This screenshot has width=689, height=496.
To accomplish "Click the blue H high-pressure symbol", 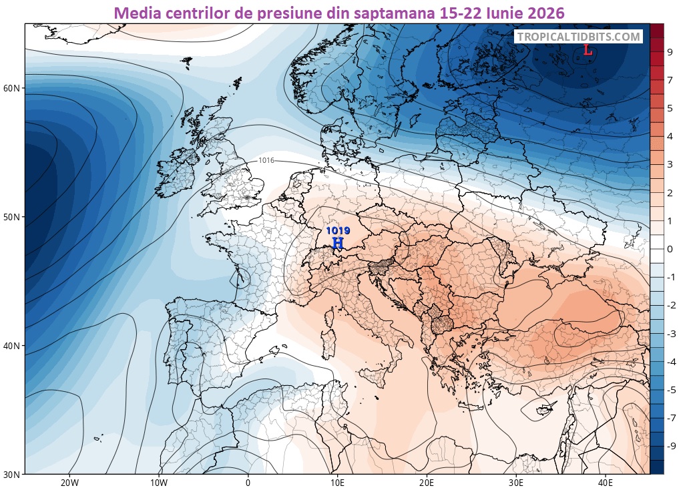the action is click(x=337, y=242).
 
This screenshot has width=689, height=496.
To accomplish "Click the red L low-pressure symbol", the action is click(x=588, y=51).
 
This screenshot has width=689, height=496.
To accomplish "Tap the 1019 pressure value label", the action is click(x=338, y=231).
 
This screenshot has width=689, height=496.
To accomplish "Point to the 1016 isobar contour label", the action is click(x=266, y=160).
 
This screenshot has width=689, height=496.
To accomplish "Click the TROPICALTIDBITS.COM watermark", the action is click(x=578, y=37).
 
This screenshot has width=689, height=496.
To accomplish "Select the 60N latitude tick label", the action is click(x=11, y=88).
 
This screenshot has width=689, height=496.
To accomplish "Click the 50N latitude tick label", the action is click(x=11, y=217).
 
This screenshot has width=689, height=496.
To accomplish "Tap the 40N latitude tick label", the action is click(x=11, y=346).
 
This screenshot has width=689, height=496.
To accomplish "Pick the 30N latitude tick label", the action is click(x=11, y=475).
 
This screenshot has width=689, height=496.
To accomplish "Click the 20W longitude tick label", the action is click(x=69, y=483).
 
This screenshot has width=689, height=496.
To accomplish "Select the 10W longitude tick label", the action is click(x=159, y=483).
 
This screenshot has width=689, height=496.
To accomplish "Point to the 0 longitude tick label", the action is click(x=248, y=483).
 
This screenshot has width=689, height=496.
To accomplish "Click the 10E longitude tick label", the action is click(x=337, y=483).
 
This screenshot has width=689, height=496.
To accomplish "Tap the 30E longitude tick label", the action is click(x=516, y=483).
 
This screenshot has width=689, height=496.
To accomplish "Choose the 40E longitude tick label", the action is click(x=606, y=483).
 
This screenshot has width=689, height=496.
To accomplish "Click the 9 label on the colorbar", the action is click(x=670, y=52).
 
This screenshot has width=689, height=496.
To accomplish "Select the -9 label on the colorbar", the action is click(x=671, y=447).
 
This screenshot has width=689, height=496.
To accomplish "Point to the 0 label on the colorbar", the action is click(x=670, y=249).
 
